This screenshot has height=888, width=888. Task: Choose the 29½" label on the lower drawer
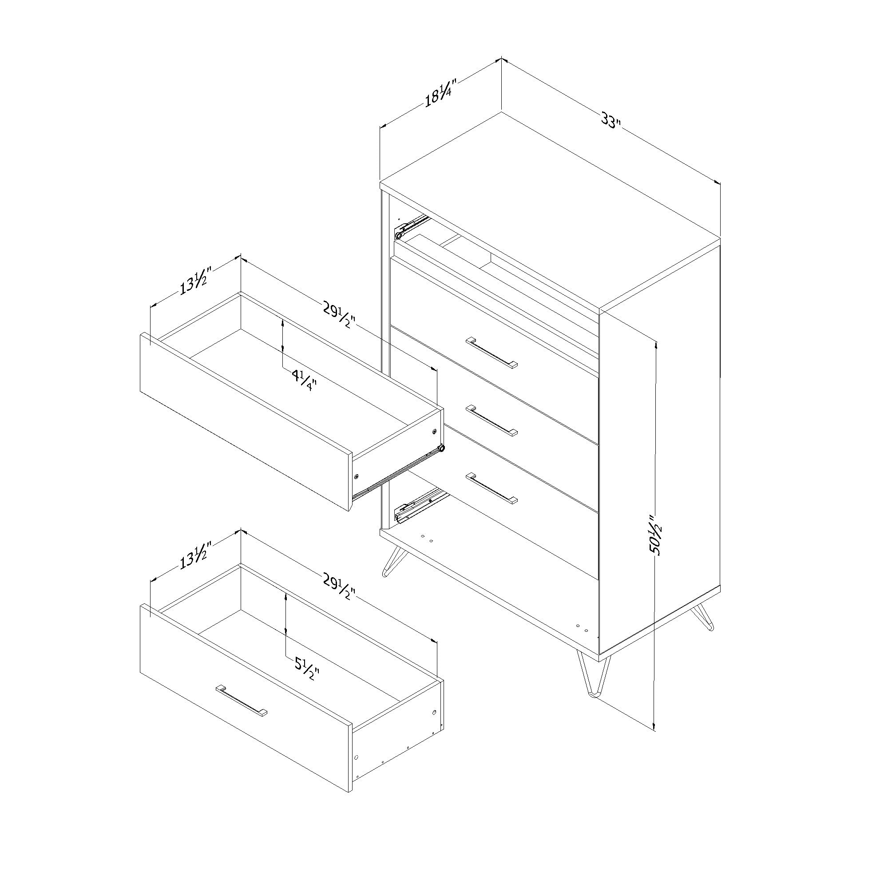339,589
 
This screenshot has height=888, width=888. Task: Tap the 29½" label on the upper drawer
339,317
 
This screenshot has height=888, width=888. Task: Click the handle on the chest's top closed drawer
492,353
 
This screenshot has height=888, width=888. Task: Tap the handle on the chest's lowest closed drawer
492,487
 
